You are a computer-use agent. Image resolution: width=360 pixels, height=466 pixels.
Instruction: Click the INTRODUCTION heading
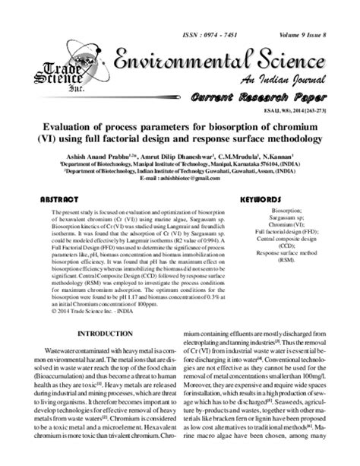(111, 334)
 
